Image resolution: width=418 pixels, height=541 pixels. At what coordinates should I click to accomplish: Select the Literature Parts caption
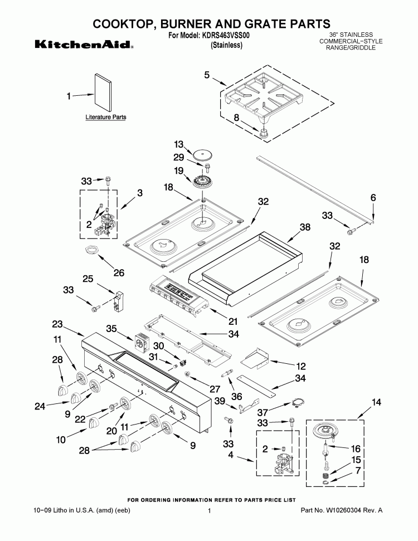[105, 118]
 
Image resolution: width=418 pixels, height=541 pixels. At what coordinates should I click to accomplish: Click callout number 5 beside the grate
[207, 75]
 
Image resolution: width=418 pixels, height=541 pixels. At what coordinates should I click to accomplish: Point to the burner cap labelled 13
[201, 153]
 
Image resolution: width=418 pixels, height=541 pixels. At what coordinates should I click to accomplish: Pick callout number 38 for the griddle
[304, 227]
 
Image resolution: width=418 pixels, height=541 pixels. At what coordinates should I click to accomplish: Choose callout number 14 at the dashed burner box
[377, 401]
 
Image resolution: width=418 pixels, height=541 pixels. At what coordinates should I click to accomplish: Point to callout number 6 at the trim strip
[373, 198]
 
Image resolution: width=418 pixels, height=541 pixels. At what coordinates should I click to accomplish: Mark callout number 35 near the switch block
[112, 329]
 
